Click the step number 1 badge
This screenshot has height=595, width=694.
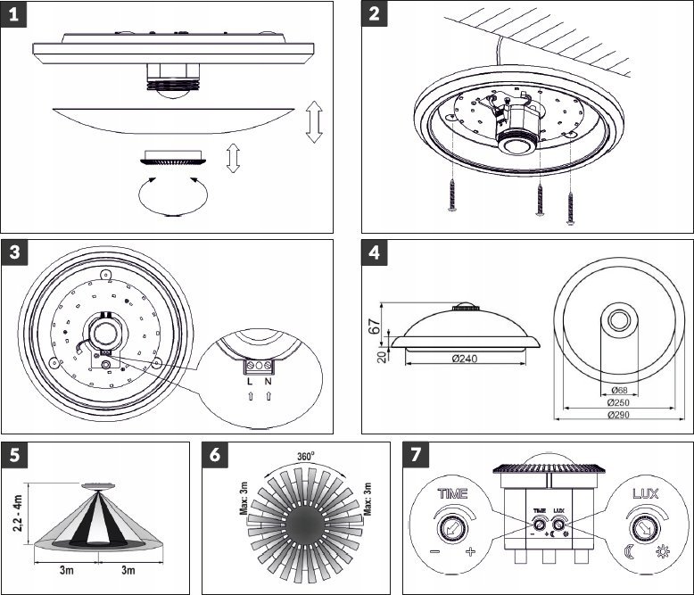14,15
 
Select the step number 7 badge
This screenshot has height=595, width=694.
415,455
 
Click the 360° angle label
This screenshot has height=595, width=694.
306,456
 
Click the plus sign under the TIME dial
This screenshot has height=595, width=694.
470,553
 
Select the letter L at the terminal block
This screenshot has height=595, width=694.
250,383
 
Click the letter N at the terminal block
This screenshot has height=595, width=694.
268,383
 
